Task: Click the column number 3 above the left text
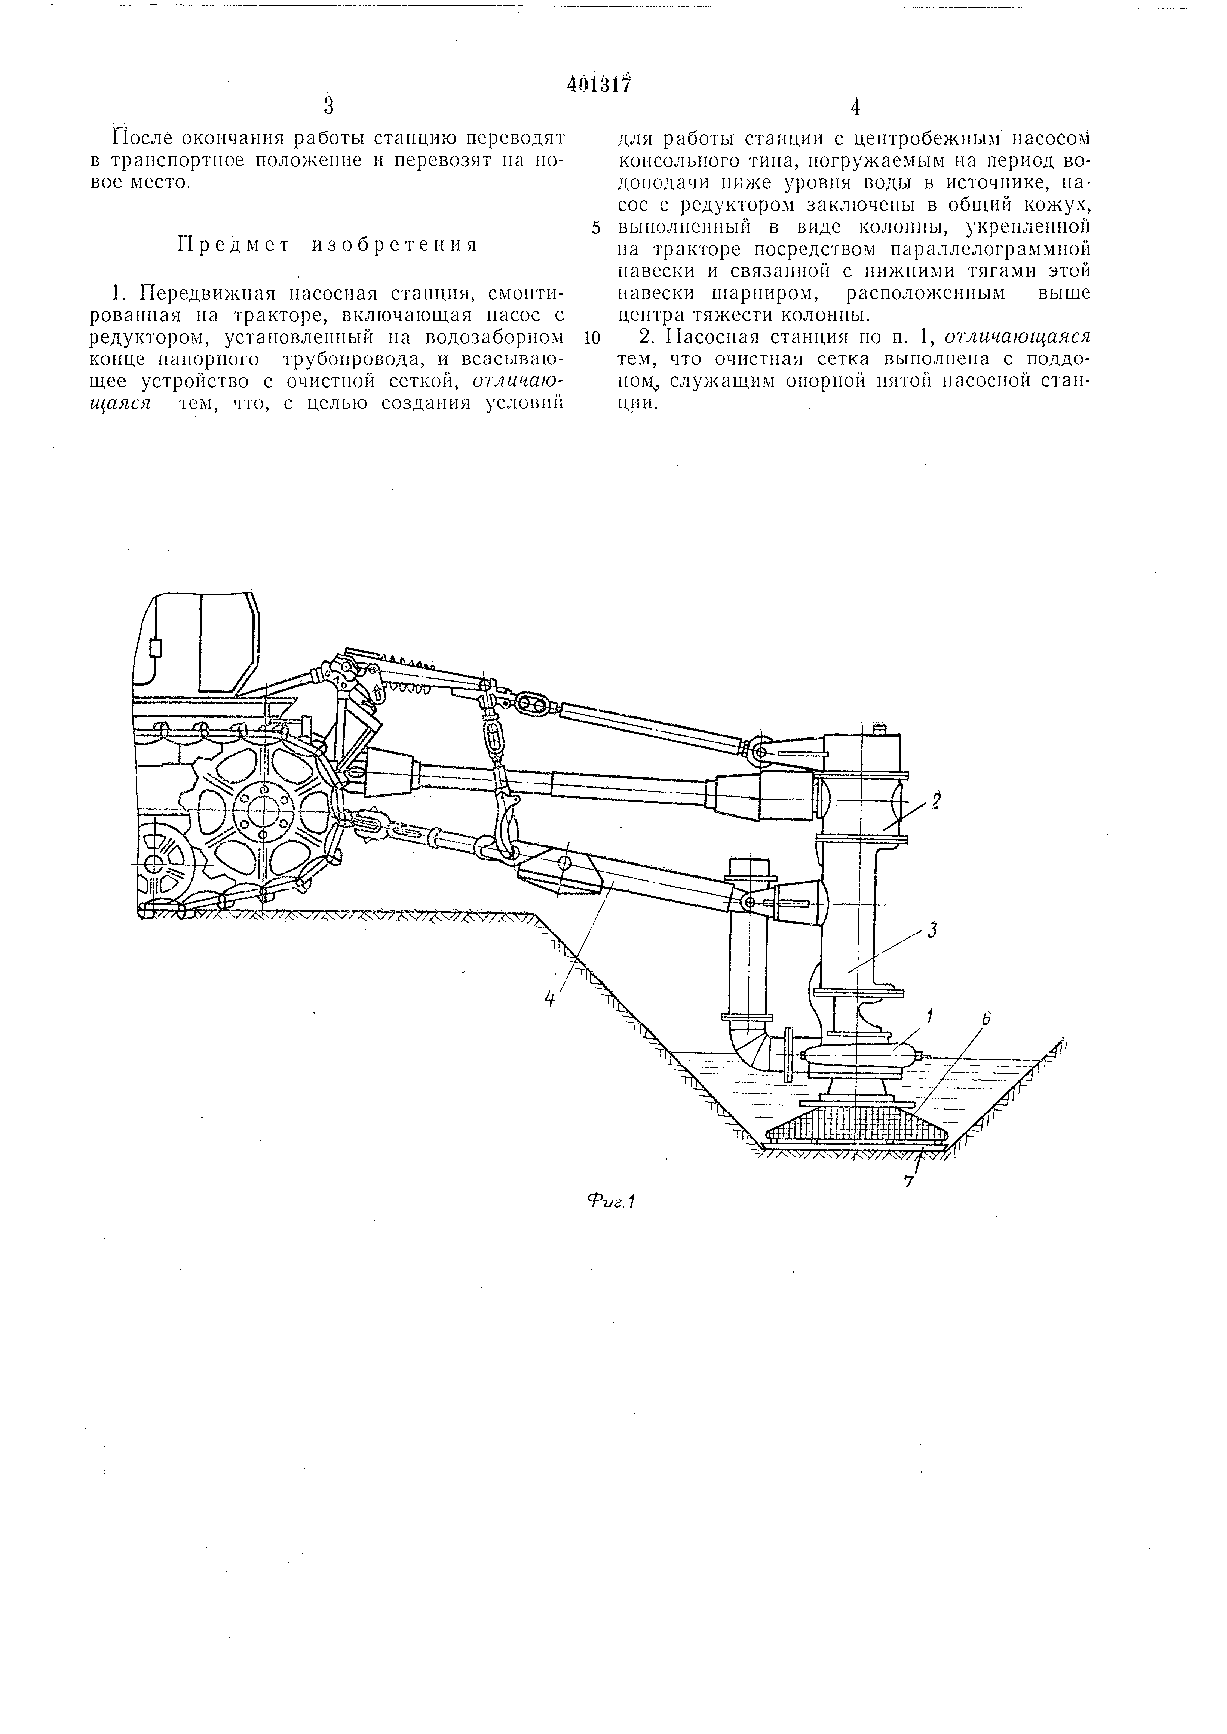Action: pos(329,106)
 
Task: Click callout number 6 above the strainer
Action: pos(985,1020)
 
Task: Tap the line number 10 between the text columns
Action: pos(592,338)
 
